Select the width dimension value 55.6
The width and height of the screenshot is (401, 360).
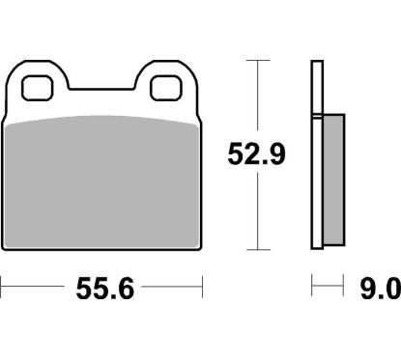[x=101, y=287]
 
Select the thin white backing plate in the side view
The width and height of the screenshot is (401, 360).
[x=315, y=154]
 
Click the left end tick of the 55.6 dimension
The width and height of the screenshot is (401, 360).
[x=3, y=287]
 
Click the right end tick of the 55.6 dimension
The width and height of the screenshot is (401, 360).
[x=202, y=287]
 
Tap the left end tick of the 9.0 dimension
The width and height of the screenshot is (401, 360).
[x=311, y=287]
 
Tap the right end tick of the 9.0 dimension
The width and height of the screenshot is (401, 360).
[x=344, y=287]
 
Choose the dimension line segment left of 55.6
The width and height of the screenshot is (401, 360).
[x=34, y=287]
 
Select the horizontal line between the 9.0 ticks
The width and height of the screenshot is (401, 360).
[x=328, y=287]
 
